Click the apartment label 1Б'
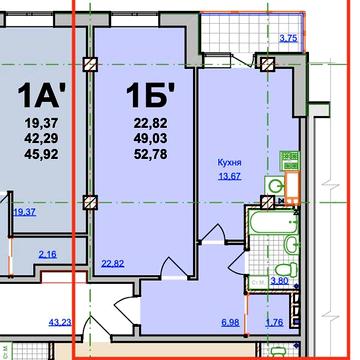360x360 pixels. click(x=151, y=95)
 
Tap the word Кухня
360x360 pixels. click(x=229, y=163)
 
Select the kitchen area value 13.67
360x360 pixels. click(x=230, y=176)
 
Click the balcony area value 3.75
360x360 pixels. click(x=288, y=38)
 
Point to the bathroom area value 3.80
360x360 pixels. click(x=279, y=281)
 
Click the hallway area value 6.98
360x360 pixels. click(x=230, y=322)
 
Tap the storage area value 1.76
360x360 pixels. click(x=274, y=322)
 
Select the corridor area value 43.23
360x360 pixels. click(x=60, y=322)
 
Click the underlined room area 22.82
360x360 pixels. click(x=113, y=264)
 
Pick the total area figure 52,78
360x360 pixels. click(x=151, y=154)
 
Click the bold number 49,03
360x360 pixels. click(x=151, y=139)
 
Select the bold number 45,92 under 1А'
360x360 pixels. click(x=41, y=154)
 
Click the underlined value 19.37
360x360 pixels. click(x=25, y=212)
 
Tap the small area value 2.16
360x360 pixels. click(x=48, y=254)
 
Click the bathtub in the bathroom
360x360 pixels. click(x=273, y=222)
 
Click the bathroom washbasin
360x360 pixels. click(x=291, y=244)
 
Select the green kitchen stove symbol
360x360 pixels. click(x=289, y=160)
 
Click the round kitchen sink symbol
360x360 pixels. click(x=275, y=186)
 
